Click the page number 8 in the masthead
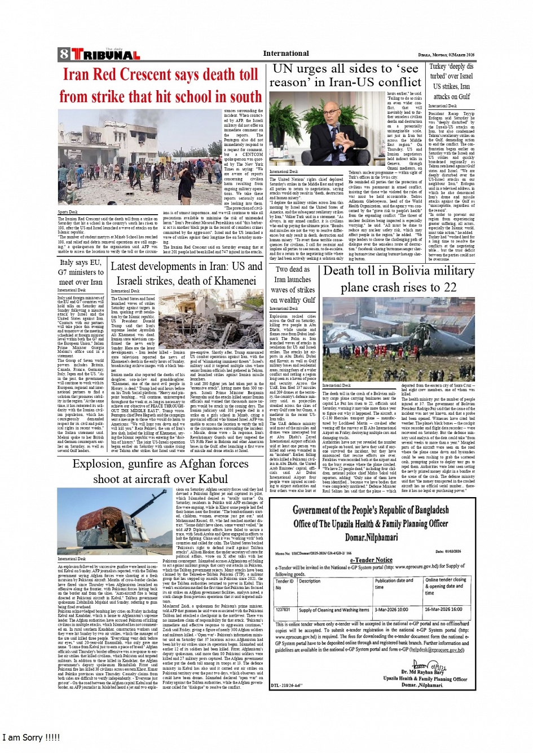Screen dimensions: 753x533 coord(63,55)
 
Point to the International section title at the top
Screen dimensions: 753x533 coord(286,54)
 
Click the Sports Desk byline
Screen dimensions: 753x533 coord(68,212)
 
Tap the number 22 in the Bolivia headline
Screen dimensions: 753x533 coord(449,287)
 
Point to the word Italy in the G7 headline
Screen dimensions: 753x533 coord(67,262)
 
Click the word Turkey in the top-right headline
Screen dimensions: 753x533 coord(440,67)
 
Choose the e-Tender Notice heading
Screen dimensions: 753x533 coord(371,560)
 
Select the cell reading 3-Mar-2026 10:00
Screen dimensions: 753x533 coord(391,609)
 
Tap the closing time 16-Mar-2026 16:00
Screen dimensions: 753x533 coord(443,609)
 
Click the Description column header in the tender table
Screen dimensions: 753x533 coord(310,581)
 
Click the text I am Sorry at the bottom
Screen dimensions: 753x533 coord(31,737)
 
